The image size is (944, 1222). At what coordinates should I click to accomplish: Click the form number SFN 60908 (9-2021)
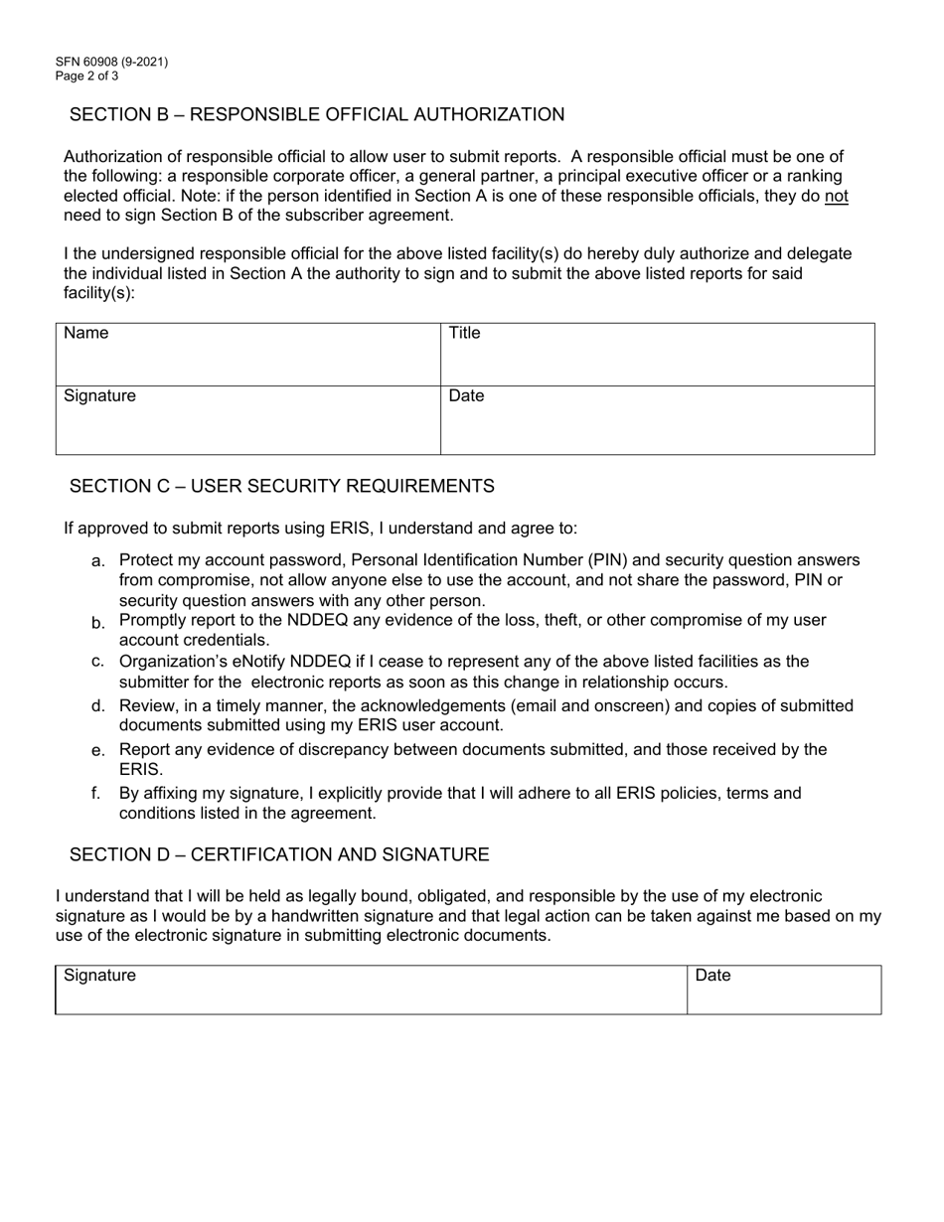pyautogui.click(x=112, y=62)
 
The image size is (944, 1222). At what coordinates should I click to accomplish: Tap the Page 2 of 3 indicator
pyautogui.click(x=87, y=76)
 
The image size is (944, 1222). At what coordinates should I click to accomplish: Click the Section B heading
pyautogui.click(x=317, y=114)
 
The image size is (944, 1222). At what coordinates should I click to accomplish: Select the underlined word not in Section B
pyautogui.click(x=837, y=196)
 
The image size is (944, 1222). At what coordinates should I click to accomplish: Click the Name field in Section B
pyautogui.click(x=248, y=355)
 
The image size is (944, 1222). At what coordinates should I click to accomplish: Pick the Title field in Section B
pyautogui.click(x=657, y=355)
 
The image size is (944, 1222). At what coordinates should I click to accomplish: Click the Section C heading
pyautogui.click(x=281, y=486)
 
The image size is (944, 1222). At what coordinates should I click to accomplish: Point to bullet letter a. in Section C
pyautogui.click(x=98, y=562)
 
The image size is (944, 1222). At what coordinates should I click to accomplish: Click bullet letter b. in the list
pyautogui.click(x=98, y=623)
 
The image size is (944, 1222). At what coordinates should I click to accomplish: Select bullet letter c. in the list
pyautogui.click(x=98, y=662)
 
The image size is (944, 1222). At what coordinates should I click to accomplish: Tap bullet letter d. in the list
pyautogui.click(x=98, y=706)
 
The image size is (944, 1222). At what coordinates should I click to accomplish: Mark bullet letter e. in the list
pyautogui.click(x=98, y=751)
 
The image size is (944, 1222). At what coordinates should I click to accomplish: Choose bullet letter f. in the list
pyautogui.click(x=96, y=794)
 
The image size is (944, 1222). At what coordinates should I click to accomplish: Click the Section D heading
pyautogui.click(x=279, y=854)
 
